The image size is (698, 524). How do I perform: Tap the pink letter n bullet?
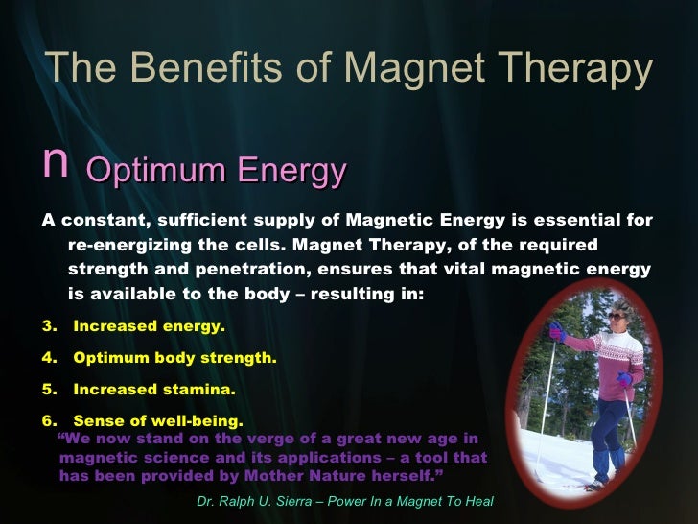coord(55,164)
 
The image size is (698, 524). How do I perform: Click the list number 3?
coord(48,326)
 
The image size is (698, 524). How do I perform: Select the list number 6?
coord(48,420)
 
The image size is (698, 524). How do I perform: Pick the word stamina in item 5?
coord(199,390)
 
